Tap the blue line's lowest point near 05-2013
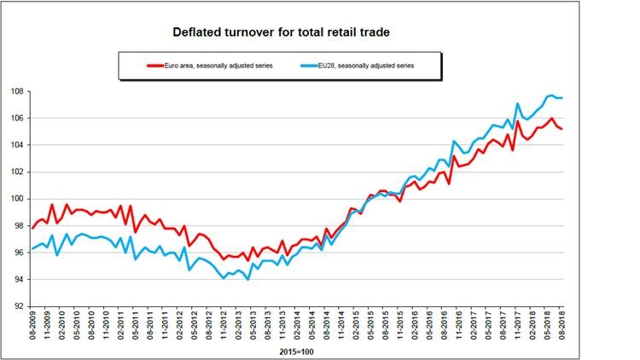click(x=247, y=279)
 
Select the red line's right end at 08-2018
click(x=561, y=129)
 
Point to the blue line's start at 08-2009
click(x=32, y=248)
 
